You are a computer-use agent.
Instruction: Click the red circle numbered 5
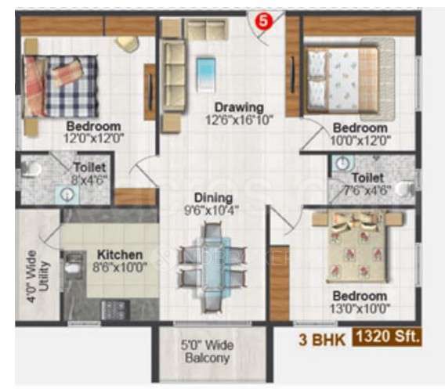[264, 22]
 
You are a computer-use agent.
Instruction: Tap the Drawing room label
[241, 107]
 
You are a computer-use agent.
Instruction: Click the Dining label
[214, 198]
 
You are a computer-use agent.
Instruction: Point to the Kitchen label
[119, 254]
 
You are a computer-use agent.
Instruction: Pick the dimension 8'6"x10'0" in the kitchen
[119, 267]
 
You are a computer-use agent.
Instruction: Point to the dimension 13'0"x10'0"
[359, 308]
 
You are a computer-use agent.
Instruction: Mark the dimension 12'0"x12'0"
[93, 139]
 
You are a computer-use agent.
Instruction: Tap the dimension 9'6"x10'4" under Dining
[214, 211]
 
